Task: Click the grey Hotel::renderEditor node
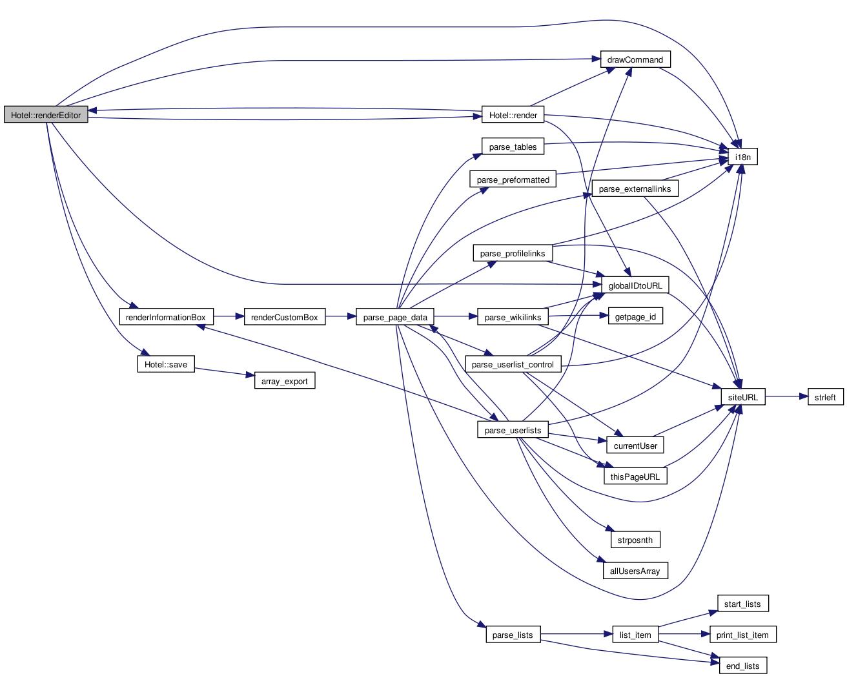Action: pyautogui.click(x=46, y=116)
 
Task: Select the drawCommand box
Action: pyautogui.click(x=635, y=60)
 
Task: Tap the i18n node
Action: pyautogui.click(x=742, y=157)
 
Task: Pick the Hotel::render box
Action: pyautogui.click(x=513, y=116)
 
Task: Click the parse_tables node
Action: pyautogui.click(x=513, y=147)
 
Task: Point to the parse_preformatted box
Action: pyautogui.click(x=513, y=180)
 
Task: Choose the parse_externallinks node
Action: pyautogui.click(x=635, y=189)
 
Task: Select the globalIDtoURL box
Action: pyautogui.click(x=635, y=285)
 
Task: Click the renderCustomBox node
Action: pyautogui.click(x=284, y=317)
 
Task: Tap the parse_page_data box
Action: pyautogui.click(x=395, y=317)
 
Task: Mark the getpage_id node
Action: pyautogui.click(x=635, y=317)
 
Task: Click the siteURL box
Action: pyautogui.click(x=742, y=397)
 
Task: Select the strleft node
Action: pyautogui.click(x=826, y=397)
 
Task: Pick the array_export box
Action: pyautogui.click(x=284, y=381)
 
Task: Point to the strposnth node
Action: pyautogui.click(x=635, y=540)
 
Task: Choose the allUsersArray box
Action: pyautogui.click(x=635, y=571)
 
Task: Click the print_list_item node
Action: pyautogui.click(x=742, y=635)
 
